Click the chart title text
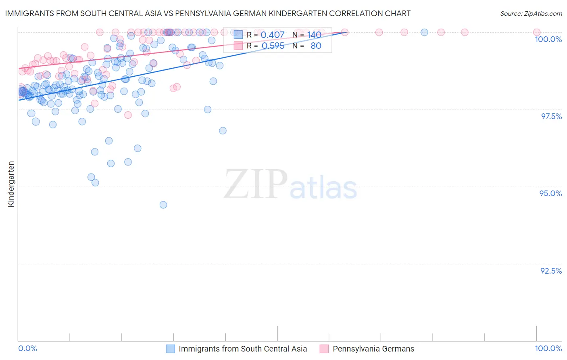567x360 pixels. [x=208, y=13]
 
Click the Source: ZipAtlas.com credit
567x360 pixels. [x=531, y=13]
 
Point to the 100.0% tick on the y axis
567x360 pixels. [x=548, y=39]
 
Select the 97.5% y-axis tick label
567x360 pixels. [x=551, y=116]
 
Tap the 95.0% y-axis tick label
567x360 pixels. [x=550, y=193]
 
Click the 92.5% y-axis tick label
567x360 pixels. [x=551, y=271]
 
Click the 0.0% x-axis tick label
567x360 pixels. [x=27, y=348]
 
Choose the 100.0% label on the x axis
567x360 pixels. [x=548, y=348]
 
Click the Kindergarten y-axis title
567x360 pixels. [x=11, y=184]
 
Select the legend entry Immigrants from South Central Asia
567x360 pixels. [x=242, y=349]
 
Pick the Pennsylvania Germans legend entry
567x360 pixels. [x=373, y=349]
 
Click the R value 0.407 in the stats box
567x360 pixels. [x=273, y=35]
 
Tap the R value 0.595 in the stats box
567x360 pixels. [x=273, y=46]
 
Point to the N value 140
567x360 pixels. [x=314, y=35]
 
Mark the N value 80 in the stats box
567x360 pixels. [x=316, y=46]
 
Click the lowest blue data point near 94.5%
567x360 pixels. [x=163, y=205]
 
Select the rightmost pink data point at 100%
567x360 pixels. [x=537, y=32]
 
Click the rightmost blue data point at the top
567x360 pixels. [x=424, y=32]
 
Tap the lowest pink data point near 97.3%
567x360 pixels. [x=128, y=115]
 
